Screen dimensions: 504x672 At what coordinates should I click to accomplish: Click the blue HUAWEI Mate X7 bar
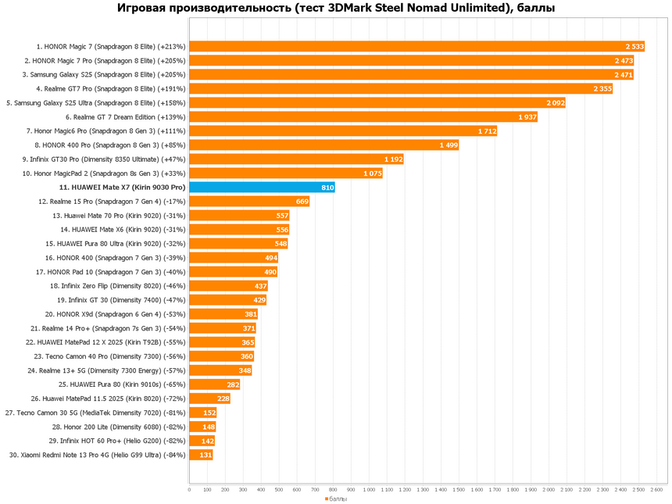point(262,188)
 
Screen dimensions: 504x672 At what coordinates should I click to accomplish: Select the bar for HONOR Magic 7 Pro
point(411,60)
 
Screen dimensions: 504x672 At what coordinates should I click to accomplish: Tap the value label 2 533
point(634,46)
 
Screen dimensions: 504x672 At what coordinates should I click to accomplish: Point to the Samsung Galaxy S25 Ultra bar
point(377,102)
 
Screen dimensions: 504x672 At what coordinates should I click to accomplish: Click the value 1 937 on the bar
point(527,117)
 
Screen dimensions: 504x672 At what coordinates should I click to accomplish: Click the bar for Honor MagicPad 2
point(285,173)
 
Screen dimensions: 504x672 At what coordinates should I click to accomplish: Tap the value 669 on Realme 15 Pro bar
point(301,202)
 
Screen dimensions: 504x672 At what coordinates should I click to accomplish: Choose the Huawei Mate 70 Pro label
point(119,216)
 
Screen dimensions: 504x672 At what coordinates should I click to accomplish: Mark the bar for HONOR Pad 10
point(233,272)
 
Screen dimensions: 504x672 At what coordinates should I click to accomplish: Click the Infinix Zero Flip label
point(118,286)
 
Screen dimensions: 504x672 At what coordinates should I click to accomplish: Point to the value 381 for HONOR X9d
point(250,314)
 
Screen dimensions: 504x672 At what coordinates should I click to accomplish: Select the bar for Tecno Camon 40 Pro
point(221,356)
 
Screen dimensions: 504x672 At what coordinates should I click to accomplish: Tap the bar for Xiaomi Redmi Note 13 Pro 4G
point(201,455)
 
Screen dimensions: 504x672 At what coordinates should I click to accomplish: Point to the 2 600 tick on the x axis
point(656,490)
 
